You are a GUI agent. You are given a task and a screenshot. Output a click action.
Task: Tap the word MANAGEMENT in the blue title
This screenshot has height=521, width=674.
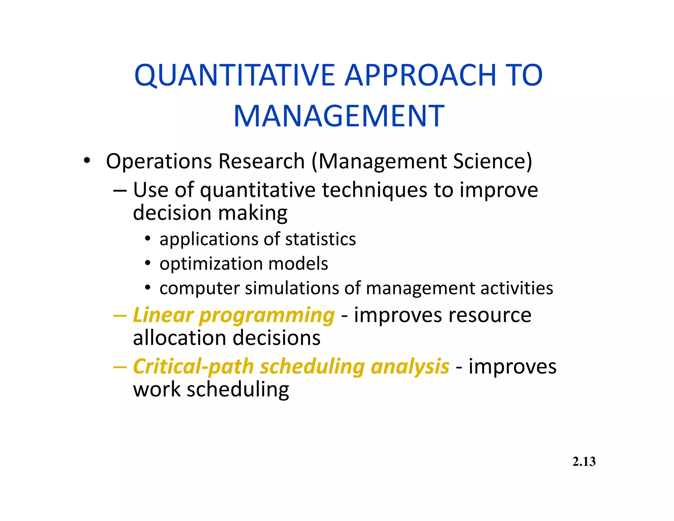(x=339, y=116)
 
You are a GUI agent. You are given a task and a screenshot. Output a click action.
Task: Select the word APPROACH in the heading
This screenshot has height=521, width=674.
(x=420, y=75)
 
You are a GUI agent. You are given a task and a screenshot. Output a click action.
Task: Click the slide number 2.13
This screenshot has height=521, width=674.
(x=584, y=462)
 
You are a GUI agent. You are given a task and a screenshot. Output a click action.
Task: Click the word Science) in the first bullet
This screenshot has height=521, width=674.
(x=492, y=161)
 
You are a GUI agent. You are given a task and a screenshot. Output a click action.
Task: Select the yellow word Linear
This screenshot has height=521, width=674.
(x=163, y=315)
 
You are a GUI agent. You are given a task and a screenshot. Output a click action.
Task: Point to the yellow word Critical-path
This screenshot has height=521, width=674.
(x=193, y=367)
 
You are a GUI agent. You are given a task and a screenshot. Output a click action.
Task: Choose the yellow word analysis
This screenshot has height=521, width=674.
(x=410, y=367)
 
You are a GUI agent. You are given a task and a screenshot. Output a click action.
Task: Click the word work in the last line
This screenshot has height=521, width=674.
(x=157, y=390)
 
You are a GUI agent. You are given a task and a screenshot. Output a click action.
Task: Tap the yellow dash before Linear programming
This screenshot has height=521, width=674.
(x=119, y=315)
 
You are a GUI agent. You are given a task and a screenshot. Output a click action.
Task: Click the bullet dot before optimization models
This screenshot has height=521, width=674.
(x=148, y=263)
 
